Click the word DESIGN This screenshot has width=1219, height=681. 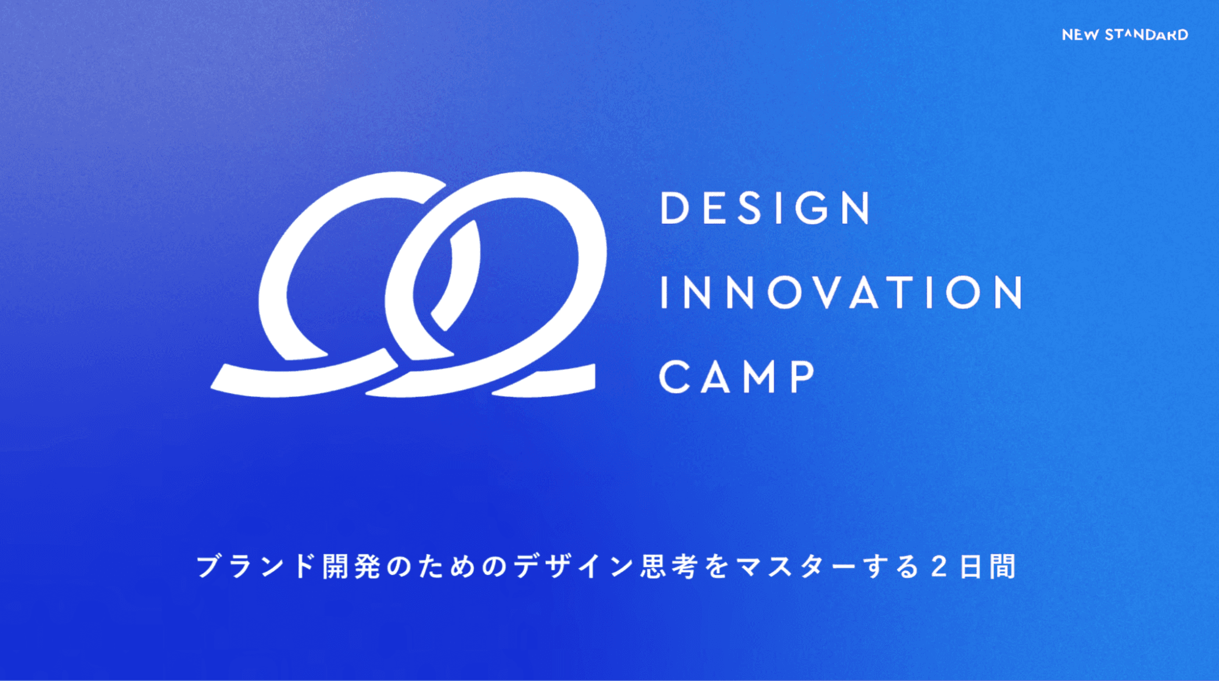[x=766, y=208]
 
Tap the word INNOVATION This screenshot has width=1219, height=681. [x=842, y=292]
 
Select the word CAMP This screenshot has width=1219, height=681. [x=737, y=376]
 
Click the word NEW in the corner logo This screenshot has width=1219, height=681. [x=1080, y=35]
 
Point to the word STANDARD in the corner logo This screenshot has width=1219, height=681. [x=1146, y=35]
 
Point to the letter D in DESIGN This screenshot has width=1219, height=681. [x=675, y=208]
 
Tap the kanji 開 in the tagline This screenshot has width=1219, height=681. [x=337, y=566]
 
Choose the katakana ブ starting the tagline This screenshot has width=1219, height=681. [x=208, y=566]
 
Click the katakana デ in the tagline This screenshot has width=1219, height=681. [x=527, y=566]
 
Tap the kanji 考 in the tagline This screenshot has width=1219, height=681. [x=686, y=566]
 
